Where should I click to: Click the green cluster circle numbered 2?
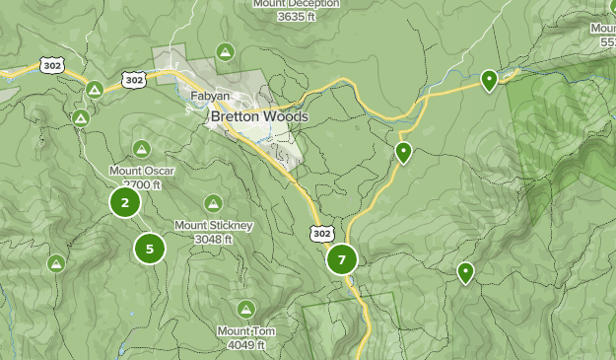[124, 203]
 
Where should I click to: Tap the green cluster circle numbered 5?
[150, 249]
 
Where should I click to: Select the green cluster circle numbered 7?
[342, 260]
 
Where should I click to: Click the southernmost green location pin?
[465, 271]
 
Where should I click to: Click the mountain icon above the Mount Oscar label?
[142, 149]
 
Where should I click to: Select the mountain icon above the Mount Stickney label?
[213, 203]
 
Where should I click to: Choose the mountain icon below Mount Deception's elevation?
[226, 51]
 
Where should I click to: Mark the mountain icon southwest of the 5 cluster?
[56, 263]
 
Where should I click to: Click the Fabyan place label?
[211, 97]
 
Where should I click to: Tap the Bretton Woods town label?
[259, 116]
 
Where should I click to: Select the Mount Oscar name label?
[142, 171]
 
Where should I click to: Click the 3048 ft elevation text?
[214, 239]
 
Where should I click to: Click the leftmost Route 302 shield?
[52, 65]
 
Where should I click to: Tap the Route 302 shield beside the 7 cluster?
[320, 234]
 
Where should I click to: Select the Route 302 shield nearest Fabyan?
[135, 79]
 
